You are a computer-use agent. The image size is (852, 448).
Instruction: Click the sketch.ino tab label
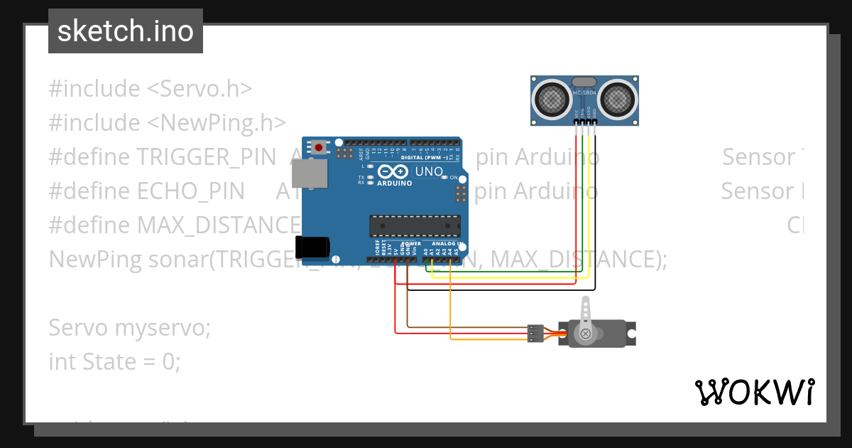[x=126, y=31]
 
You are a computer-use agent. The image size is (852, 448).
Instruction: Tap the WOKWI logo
[x=754, y=392]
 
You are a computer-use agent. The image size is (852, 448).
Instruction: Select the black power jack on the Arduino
[x=312, y=247]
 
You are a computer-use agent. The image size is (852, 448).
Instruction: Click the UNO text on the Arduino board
[x=429, y=171]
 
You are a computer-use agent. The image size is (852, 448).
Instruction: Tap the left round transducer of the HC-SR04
[x=550, y=100]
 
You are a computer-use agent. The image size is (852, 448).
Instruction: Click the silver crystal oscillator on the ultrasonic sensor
[x=584, y=82]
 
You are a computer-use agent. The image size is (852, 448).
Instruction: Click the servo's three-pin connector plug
[x=535, y=333]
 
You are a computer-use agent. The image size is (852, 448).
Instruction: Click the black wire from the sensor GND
[x=595, y=213]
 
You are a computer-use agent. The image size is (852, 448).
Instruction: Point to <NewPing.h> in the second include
[x=217, y=123]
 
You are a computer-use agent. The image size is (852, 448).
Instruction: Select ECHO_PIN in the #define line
[x=190, y=191]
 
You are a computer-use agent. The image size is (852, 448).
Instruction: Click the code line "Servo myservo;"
[x=130, y=328]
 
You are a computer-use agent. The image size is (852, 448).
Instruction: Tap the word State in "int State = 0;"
[x=111, y=362]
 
